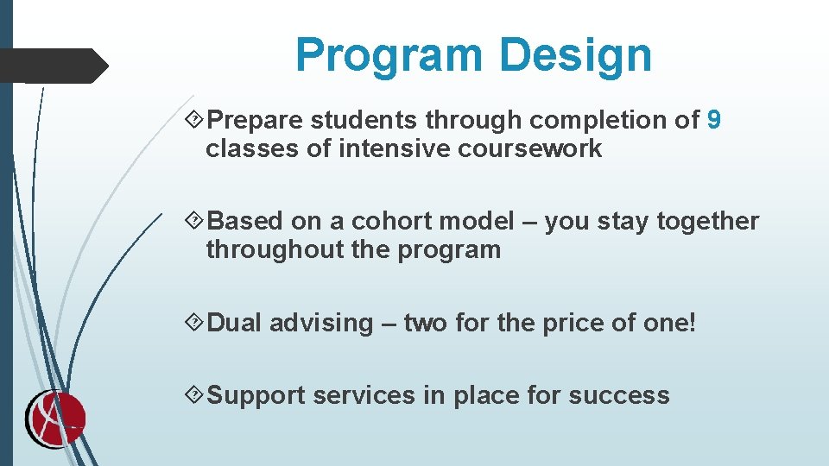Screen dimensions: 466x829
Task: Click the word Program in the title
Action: [x=389, y=55]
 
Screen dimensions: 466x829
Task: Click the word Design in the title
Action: [x=574, y=55]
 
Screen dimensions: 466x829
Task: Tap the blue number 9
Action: [x=713, y=120]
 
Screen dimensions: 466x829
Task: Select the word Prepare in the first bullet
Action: [x=256, y=121]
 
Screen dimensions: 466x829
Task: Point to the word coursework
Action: [x=529, y=148]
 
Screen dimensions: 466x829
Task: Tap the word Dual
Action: [x=236, y=323]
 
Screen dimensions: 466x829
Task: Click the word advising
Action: [x=320, y=324]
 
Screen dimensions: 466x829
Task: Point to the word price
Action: [x=576, y=324]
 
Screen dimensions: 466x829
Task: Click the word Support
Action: [x=257, y=396]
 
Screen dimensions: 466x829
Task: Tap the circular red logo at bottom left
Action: [x=54, y=420]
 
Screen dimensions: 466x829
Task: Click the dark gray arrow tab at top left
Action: [x=54, y=66]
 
